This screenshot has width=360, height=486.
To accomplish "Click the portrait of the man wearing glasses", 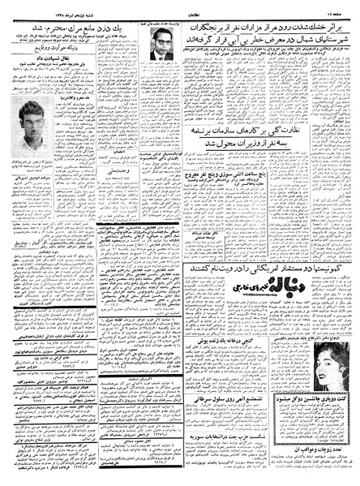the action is coord(163,55).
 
